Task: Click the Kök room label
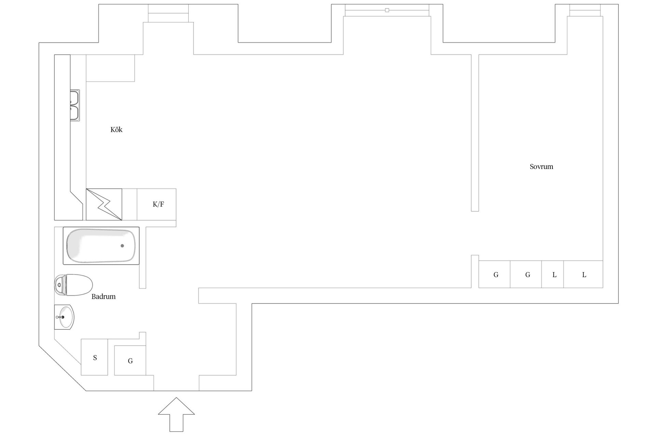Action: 116,130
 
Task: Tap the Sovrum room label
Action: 541,167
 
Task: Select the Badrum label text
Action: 104,297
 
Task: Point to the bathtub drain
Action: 122,246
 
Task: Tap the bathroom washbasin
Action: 65,317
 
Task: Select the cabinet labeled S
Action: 95,357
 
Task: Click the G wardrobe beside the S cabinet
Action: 130,361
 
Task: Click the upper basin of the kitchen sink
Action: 75,98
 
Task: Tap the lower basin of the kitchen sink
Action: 75,113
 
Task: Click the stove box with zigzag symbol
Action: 104,205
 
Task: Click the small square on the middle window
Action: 387,10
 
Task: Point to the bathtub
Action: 101,246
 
